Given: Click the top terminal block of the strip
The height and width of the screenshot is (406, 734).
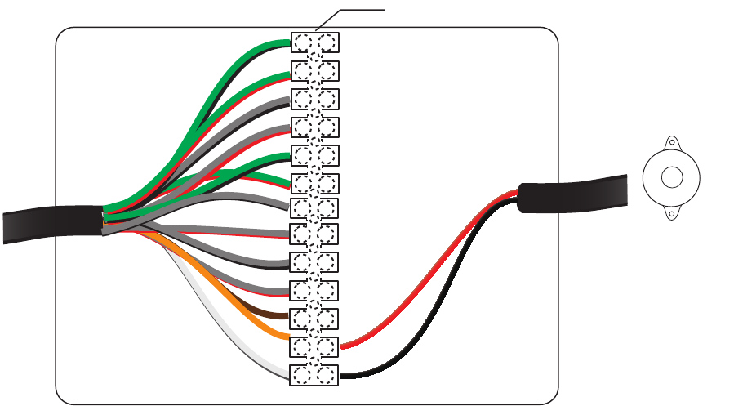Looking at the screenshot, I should (x=314, y=42).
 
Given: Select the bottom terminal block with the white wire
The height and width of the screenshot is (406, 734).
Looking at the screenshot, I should (x=314, y=375).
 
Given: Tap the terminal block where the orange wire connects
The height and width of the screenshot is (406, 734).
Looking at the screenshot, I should (x=314, y=346).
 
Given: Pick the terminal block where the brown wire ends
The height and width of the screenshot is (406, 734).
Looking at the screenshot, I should (x=314, y=317).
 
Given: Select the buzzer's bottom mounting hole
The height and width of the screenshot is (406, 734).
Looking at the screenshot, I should (x=672, y=214).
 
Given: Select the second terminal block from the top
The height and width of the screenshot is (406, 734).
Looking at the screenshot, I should (x=314, y=71).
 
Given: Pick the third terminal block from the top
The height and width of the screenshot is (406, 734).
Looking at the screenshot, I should (x=314, y=100).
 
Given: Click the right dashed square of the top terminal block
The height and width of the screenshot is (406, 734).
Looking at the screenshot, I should (x=327, y=42).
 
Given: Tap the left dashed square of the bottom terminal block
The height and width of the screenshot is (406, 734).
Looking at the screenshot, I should (x=302, y=375).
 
